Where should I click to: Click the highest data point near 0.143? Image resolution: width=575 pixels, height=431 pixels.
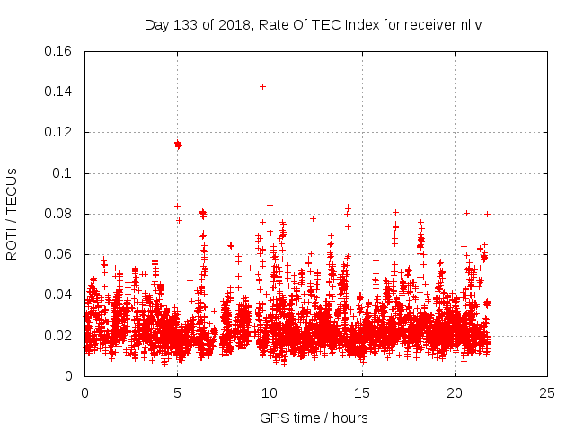point(262,86)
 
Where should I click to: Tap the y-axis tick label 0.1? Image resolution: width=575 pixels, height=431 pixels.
point(65,173)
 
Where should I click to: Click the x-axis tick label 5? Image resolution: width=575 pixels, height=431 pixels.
point(177,392)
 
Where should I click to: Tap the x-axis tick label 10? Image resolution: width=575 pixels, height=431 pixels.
point(270,392)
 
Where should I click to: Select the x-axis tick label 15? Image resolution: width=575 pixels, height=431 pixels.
point(362,392)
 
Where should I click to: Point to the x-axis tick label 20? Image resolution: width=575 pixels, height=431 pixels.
point(455,392)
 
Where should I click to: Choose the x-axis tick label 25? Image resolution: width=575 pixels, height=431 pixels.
point(547,392)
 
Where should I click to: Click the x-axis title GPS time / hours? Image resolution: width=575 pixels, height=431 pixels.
point(314,418)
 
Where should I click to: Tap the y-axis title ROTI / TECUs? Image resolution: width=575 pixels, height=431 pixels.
point(12,214)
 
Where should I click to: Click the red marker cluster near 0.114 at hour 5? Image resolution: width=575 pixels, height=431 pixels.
point(178,144)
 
